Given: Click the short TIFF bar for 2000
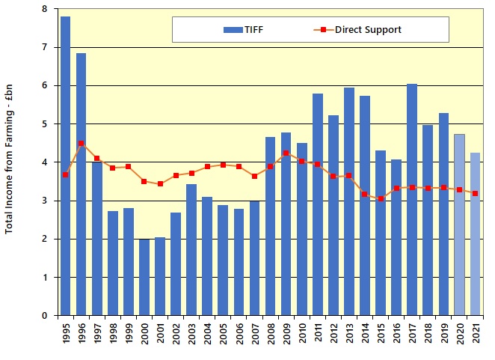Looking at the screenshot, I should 144,277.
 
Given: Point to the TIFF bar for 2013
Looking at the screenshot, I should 349,201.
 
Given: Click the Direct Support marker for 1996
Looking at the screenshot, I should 82,143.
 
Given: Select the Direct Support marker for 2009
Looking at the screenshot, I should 286,153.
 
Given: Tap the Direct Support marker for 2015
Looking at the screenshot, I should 381,198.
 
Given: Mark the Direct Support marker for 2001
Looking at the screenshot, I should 160,183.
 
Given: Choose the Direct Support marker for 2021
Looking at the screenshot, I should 475,193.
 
